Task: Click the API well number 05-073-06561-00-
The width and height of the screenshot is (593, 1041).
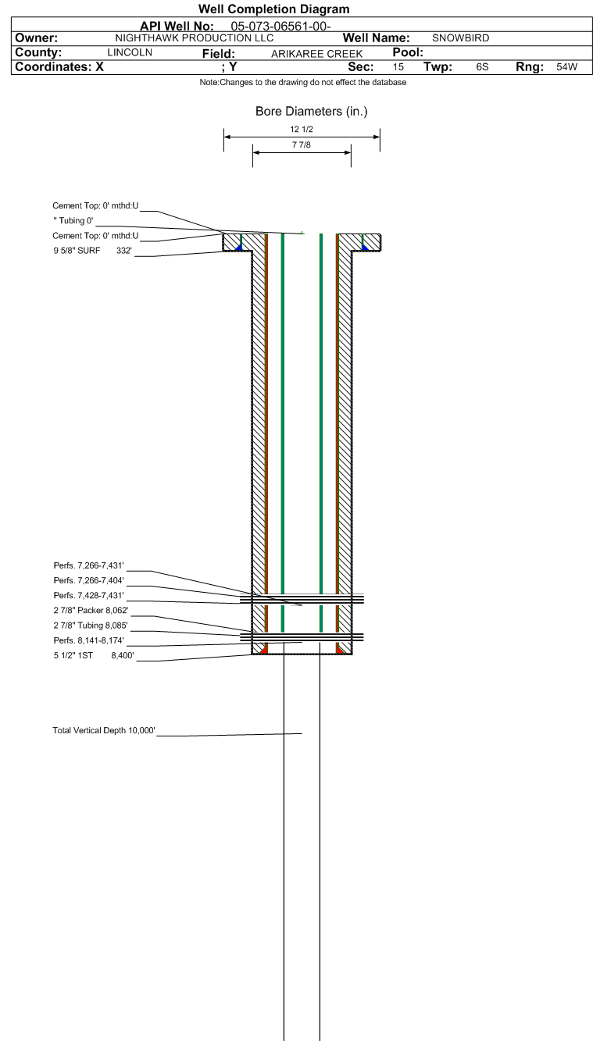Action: (280, 27)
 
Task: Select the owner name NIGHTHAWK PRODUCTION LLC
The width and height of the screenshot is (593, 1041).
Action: (195, 38)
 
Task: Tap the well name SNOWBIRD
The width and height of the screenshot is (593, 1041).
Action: (460, 38)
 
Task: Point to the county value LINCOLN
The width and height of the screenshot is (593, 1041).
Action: (130, 52)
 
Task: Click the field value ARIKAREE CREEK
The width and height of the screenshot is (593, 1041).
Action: (316, 54)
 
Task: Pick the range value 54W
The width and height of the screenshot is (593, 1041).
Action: (567, 67)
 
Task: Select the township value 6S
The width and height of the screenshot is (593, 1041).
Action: (482, 67)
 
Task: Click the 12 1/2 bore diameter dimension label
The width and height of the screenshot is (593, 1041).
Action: (302, 129)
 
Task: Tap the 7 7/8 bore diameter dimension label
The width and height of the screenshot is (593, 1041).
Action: (302, 145)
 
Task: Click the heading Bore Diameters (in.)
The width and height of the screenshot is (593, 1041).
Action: (311, 112)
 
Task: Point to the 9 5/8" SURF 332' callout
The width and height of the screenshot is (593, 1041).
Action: (92, 251)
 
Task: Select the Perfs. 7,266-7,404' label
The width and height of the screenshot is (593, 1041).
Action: (88, 580)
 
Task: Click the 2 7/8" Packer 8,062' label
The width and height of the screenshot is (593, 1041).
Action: (91, 610)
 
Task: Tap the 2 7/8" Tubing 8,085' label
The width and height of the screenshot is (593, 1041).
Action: (91, 626)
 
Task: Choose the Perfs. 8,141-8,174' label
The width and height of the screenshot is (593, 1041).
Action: (88, 640)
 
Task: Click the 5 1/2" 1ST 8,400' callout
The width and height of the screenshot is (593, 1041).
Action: (94, 656)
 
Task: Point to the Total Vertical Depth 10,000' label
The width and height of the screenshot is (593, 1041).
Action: (104, 730)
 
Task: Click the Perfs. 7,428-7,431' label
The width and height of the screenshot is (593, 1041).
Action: (88, 595)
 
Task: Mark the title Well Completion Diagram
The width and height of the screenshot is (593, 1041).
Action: (274, 9)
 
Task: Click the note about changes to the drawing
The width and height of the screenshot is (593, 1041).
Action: (303, 82)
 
